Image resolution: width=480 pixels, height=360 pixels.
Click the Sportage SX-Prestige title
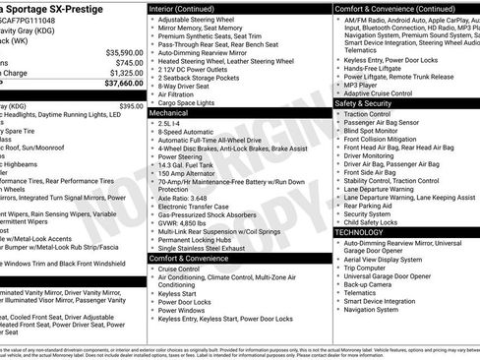(59, 9)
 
